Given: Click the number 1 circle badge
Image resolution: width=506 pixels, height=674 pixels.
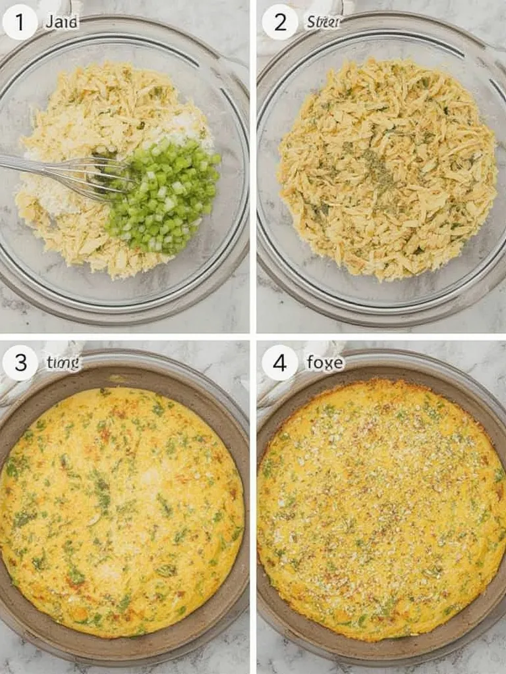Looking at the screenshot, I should (x=19, y=22).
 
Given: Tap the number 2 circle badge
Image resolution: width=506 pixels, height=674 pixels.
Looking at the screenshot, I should (x=280, y=22).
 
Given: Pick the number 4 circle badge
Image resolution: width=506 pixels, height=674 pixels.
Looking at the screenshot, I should (x=280, y=363).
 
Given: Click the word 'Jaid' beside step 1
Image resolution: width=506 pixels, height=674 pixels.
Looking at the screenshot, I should (x=61, y=22).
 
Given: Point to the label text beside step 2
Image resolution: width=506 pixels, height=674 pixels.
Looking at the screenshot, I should (x=323, y=22).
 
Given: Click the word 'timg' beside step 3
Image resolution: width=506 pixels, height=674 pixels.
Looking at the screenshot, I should (x=63, y=363).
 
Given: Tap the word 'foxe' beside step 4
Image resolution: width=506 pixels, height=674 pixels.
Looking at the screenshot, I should (x=325, y=363).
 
